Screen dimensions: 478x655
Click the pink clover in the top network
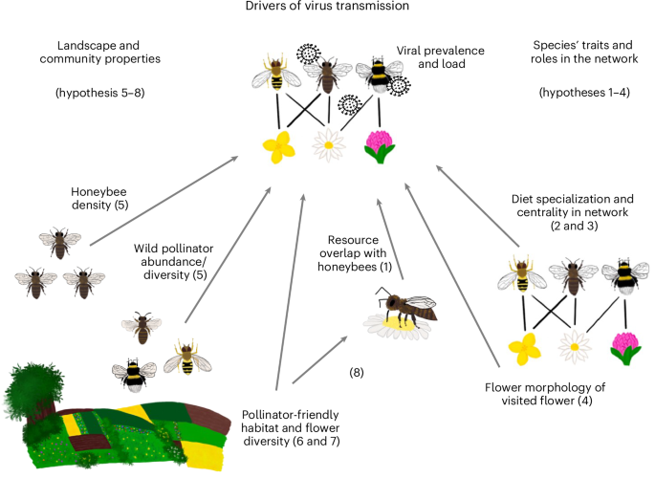click(380, 145)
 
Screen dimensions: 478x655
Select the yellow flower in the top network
click(279, 146)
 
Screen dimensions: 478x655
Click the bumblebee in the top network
click(376, 79)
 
